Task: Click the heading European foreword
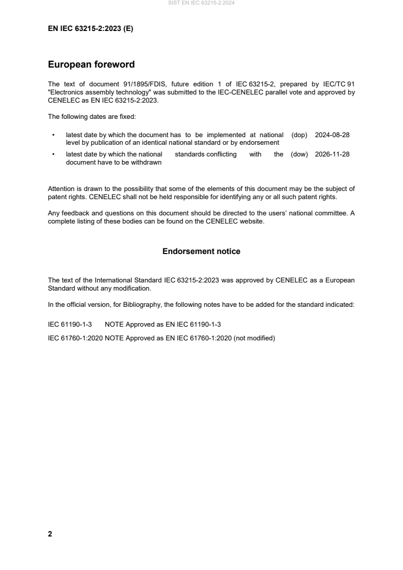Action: click(91, 65)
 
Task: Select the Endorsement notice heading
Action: click(201, 251)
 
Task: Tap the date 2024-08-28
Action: click(332, 135)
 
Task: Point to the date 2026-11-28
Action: click(332, 154)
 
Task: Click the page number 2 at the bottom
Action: click(50, 534)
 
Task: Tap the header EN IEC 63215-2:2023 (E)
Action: click(90, 29)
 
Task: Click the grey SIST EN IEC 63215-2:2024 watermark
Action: click(201, 3)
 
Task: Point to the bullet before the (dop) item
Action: click(53, 135)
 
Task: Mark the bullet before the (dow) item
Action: click(53, 154)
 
